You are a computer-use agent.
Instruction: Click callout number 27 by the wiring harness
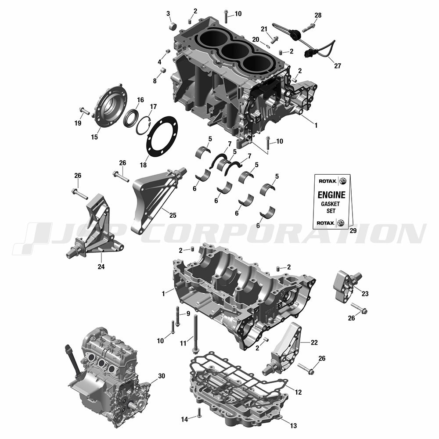338,66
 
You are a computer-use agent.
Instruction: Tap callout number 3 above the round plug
168,14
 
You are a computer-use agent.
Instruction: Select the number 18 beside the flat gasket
143,165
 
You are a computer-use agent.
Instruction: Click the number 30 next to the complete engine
162,376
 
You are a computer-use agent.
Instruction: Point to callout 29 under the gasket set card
353,231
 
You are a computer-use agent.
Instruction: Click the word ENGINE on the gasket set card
331,195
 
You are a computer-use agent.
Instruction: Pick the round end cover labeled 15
111,109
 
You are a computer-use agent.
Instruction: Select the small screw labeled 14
199,412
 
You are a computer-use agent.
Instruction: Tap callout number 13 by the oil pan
293,426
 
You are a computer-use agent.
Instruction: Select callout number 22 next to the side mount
314,342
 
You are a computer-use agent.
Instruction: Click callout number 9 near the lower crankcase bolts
188,313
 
